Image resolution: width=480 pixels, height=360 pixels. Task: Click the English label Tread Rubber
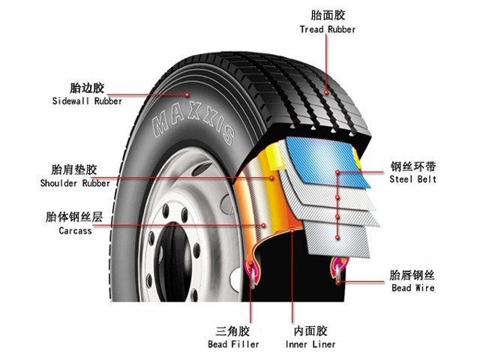[328, 29]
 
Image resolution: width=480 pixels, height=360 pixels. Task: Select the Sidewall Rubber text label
[87, 101]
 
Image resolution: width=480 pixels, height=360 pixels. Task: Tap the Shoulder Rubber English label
[75, 183]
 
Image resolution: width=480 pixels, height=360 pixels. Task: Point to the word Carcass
[75, 230]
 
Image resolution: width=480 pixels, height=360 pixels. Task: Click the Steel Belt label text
[412, 179]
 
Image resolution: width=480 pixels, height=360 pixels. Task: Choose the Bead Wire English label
[413, 288]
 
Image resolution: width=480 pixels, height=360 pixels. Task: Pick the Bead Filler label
[233, 344]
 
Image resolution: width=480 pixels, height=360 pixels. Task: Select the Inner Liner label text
[310, 344]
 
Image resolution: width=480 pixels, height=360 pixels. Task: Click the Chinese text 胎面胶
[328, 15]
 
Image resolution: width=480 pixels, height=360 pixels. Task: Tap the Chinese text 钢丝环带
[413, 166]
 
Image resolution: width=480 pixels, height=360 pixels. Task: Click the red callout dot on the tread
[326, 92]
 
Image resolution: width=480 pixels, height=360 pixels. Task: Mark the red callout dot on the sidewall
[187, 95]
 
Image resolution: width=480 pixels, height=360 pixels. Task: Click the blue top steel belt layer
[328, 162]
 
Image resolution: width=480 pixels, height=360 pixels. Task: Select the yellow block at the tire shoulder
[274, 157]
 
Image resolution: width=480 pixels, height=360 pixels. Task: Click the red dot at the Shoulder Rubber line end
[271, 178]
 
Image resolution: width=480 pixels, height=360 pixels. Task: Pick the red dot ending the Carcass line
[263, 226]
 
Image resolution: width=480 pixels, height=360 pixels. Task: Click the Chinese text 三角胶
[233, 331]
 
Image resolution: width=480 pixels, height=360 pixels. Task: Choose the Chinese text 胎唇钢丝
[412, 275]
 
